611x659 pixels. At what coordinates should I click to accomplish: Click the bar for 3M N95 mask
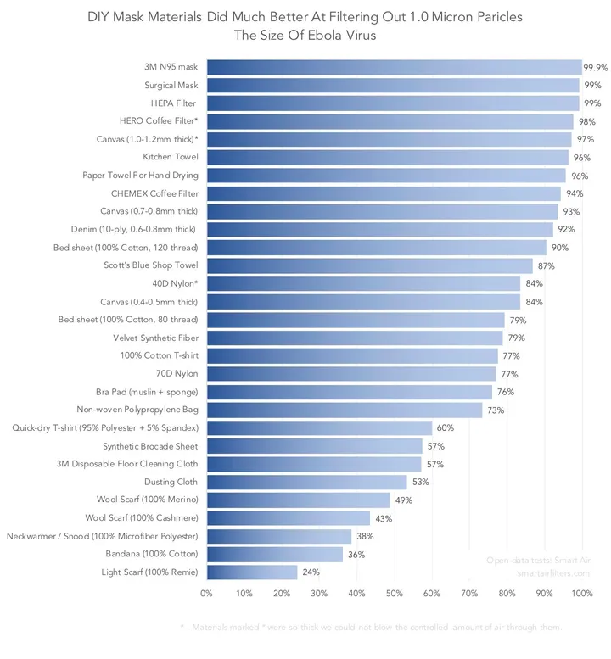[x=394, y=67]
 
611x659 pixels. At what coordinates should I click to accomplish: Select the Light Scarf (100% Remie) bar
[x=252, y=572]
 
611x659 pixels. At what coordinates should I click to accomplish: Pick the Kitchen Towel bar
[x=388, y=157]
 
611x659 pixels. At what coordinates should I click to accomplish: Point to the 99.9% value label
[x=595, y=67]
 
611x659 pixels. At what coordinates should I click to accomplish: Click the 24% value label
[x=311, y=572]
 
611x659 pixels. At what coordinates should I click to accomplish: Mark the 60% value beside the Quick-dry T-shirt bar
[x=446, y=428]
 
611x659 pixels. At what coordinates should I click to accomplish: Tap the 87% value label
[x=547, y=265]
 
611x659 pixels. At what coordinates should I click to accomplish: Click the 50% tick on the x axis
[x=395, y=594]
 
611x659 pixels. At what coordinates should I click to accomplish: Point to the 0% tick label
[x=206, y=594]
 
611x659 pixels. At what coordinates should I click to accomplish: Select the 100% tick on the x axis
[x=583, y=594]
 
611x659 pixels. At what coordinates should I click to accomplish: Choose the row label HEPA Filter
[x=173, y=103]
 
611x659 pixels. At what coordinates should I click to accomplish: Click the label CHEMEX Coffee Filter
[x=154, y=193]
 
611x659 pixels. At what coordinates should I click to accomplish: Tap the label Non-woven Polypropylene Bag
[x=137, y=410]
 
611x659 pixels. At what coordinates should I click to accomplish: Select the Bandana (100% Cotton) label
[x=153, y=554]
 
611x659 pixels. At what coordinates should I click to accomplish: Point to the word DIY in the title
[x=99, y=17]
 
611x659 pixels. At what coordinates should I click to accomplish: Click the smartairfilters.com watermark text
[x=553, y=573]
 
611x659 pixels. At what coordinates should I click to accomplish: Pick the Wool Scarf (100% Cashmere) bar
[x=289, y=518]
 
